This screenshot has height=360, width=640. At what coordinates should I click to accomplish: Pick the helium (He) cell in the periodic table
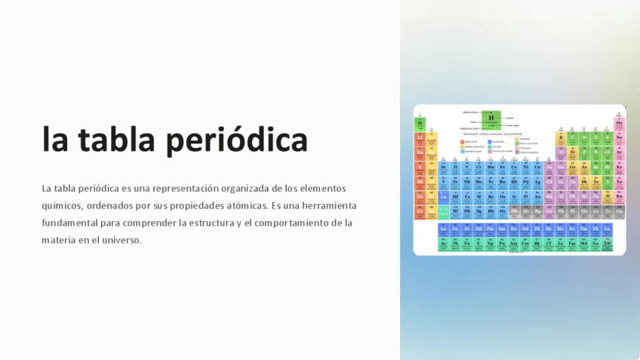(619, 123)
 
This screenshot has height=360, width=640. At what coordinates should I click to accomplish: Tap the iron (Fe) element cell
(503, 167)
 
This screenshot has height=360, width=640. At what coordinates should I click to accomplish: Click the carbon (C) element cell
(572, 138)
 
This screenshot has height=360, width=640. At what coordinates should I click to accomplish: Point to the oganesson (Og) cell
(619, 211)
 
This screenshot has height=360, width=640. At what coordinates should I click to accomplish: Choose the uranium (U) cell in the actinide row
(478, 244)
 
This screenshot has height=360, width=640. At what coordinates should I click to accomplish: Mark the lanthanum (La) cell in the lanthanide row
(443, 229)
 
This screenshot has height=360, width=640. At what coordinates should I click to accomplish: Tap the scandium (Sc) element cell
(443, 167)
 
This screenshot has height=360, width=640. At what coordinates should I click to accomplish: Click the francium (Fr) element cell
(420, 211)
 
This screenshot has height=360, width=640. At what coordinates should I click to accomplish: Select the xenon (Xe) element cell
(619, 182)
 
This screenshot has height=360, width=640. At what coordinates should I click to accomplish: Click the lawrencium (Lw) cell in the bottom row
(607, 244)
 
